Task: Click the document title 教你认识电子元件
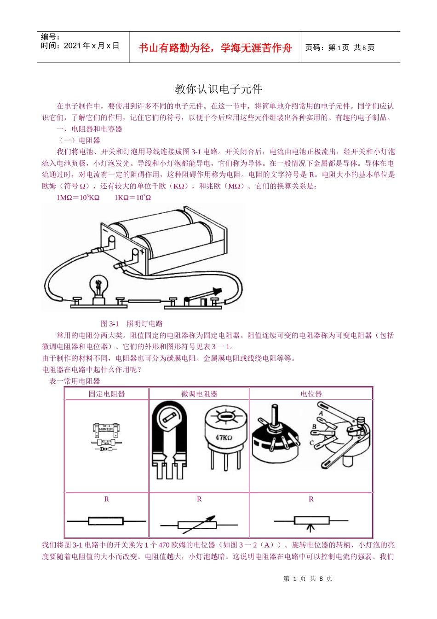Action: point(218,89)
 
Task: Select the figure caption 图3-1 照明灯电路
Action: point(132,324)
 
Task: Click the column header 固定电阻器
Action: point(107,394)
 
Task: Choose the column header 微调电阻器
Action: point(199,394)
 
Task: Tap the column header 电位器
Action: point(311,394)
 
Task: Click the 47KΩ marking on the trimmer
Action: point(224,438)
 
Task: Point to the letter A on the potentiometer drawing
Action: point(321,413)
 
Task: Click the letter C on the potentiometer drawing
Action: point(311,443)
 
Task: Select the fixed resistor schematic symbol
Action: point(106,521)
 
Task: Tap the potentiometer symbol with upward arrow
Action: point(311,521)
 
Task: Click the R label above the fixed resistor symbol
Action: point(107,499)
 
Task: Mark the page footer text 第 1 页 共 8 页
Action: point(308,578)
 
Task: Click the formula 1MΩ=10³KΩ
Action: point(78,198)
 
